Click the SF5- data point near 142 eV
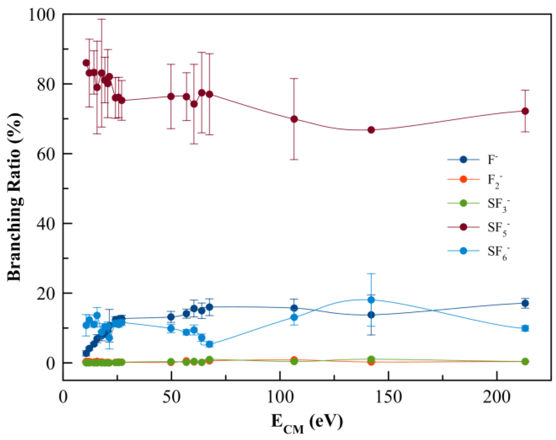pos(371,130)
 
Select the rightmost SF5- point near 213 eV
pos(525,111)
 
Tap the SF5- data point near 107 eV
pos(294,119)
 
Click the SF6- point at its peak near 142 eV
pos(371,300)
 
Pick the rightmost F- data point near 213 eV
pos(525,303)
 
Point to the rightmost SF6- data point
pos(525,328)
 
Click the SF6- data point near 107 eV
pos(294,317)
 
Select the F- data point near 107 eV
pos(294,308)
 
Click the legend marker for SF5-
pos(463,227)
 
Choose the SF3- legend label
pos(498,204)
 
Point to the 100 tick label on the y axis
pos(41,15)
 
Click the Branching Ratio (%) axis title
pos(15,196)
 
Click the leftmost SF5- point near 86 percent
pos(86,63)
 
